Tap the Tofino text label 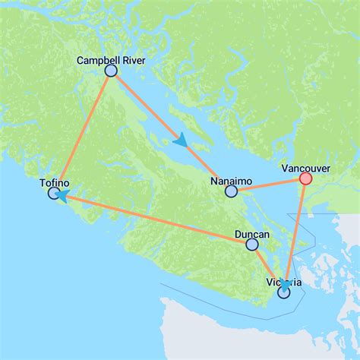coord(54,183)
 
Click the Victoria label coord(284,282)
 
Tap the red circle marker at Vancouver coord(305,178)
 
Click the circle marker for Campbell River coord(111,71)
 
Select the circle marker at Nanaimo coord(232,191)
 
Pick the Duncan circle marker coord(252,245)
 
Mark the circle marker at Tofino coord(54,194)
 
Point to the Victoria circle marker coord(284,292)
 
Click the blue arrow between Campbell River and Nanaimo coord(180,140)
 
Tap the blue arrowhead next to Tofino coord(61,197)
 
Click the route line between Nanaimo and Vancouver coord(268,185)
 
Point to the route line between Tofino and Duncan coord(152,219)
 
